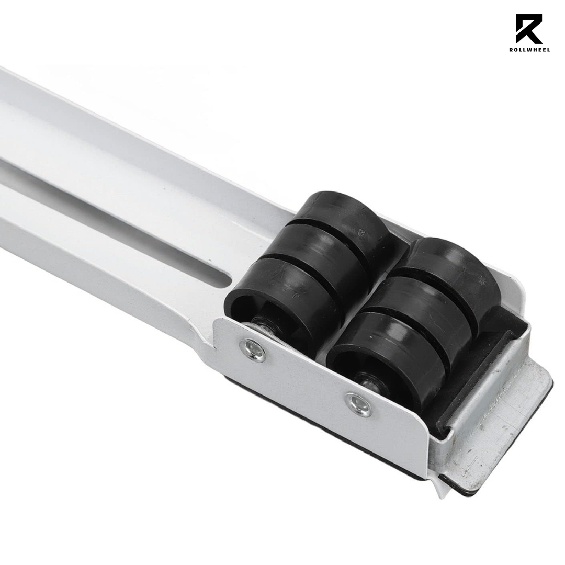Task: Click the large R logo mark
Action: tap(529, 29)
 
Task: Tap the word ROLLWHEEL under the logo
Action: tap(529, 50)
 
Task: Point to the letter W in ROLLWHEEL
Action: tap(531, 50)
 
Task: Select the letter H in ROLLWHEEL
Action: tap(536, 50)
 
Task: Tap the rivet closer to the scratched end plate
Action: tap(359, 404)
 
